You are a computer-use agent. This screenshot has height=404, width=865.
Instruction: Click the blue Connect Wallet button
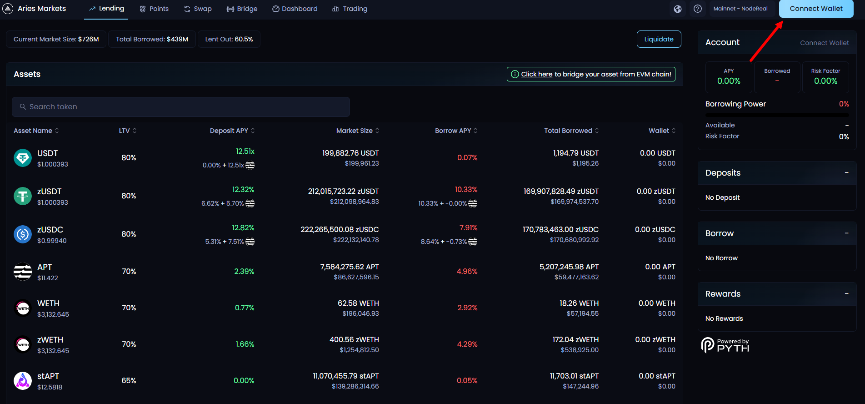(816, 9)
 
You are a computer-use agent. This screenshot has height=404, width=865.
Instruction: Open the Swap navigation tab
(198, 9)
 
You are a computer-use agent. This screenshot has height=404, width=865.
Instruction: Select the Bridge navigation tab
(242, 9)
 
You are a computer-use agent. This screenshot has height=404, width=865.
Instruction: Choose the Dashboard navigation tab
(295, 9)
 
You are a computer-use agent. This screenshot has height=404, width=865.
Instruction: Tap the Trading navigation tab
(350, 9)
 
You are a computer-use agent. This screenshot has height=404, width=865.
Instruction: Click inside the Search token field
(181, 106)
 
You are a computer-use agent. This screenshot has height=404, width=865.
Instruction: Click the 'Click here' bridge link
(536, 74)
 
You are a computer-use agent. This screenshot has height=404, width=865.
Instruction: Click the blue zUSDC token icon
(23, 234)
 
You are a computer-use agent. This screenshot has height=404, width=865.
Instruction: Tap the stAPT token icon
(23, 381)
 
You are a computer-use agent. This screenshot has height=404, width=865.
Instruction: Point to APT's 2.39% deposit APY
(244, 271)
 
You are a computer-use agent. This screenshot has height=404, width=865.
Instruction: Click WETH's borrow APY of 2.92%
(467, 308)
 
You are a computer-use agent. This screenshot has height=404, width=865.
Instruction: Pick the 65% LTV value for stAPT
(129, 380)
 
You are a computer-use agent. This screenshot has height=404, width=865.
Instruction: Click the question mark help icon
(698, 9)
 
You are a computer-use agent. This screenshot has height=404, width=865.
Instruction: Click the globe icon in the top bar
(678, 9)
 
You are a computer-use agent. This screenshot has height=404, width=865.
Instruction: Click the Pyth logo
(725, 345)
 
